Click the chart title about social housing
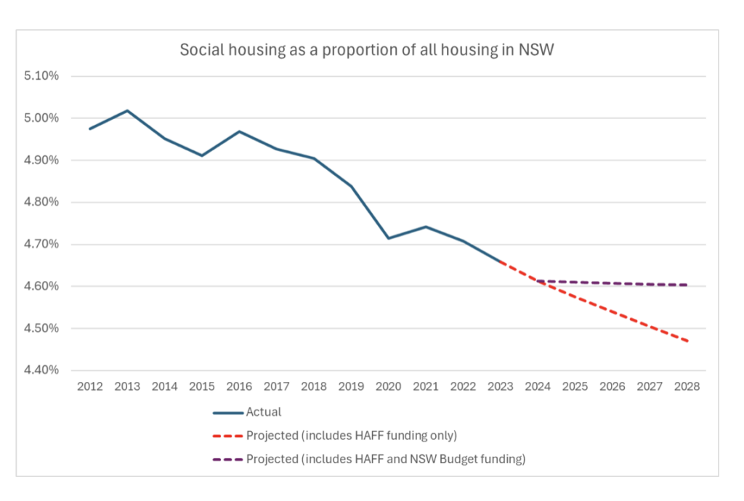coord(371,51)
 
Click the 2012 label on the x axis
coord(90,387)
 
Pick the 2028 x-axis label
coord(687,387)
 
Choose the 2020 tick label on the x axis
coord(389,387)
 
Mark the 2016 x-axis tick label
coord(239,387)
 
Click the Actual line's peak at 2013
coord(127,110)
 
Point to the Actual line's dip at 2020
coord(389,238)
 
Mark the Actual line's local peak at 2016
coord(239,131)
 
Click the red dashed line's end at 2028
coord(687,341)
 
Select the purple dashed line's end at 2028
coord(687,285)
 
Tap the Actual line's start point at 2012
coord(90,129)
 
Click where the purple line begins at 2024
coord(538,281)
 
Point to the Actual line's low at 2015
coord(202,155)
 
